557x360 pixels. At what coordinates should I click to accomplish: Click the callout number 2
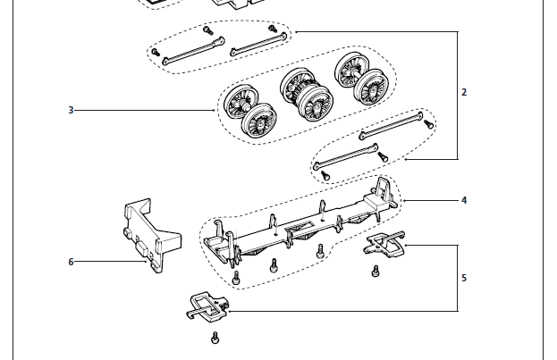pos(464,92)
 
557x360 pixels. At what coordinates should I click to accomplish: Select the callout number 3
pos(71,110)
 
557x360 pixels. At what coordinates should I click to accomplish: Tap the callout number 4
pos(464,201)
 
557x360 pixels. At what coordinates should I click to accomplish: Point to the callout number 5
pos(464,278)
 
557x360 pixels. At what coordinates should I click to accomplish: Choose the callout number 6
pos(71,262)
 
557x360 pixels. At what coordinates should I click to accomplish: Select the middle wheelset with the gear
pos(307,95)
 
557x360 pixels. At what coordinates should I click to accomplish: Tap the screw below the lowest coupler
pos(215,338)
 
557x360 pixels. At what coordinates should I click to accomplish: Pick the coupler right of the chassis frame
pos(384,245)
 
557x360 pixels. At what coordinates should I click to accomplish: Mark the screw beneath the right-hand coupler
pos(376,272)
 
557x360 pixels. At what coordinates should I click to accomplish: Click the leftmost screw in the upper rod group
pos(156,52)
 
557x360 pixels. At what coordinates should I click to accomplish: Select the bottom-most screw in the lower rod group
pos(325,175)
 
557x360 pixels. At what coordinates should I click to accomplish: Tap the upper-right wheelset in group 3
pos(361,79)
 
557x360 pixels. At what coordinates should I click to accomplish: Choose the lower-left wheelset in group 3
pos(250,111)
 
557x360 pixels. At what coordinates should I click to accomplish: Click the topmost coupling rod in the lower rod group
pos(391,125)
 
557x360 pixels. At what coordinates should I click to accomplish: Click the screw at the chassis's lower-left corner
pos(236,278)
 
